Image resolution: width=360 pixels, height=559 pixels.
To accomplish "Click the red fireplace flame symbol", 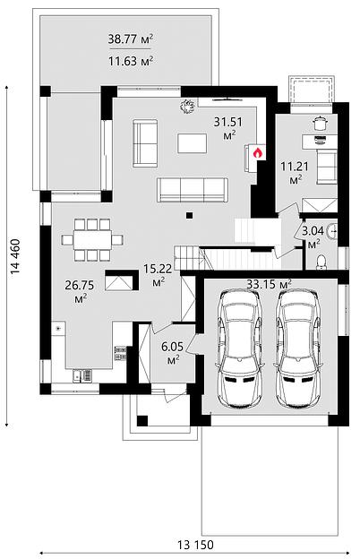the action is (x=258, y=153).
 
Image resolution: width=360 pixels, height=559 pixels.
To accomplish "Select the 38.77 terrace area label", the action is (x=131, y=39).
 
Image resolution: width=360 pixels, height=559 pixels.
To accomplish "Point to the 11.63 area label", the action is (x=131, y=61).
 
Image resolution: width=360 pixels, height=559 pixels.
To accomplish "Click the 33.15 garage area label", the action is (x=270, y=284).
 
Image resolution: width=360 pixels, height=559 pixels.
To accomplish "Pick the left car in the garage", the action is (x=240, y=348).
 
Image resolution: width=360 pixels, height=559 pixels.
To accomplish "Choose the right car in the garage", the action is (x=299, y=348).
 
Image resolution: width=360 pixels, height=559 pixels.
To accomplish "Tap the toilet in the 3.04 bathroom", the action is (x=321, y=262).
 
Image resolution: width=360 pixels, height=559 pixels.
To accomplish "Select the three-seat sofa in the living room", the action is (x=193, y=190).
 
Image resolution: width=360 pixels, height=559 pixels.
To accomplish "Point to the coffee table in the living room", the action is (x=193, y=143).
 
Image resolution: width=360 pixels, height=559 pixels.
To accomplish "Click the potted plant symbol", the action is (x=187, y=106).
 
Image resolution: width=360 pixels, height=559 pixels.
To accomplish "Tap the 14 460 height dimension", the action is (x=15, y=256).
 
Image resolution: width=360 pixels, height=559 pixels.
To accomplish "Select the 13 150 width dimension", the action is (x=196, y=545).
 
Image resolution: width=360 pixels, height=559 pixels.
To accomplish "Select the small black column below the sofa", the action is (x=190, y=215).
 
